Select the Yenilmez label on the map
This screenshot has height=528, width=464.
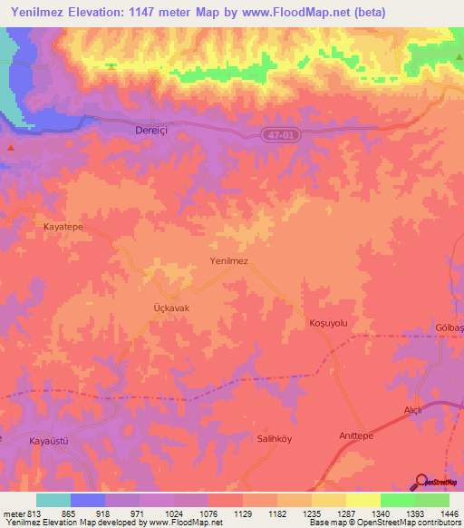click(228, 260)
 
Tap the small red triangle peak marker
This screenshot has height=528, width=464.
click(10, 147)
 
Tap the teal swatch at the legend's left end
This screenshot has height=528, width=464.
click(53, 500)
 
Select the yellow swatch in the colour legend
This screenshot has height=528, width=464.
click(363, 500)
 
